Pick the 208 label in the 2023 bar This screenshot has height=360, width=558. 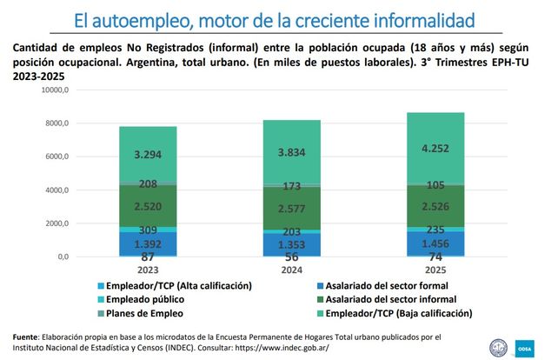149,184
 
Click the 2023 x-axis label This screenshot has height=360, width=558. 149,270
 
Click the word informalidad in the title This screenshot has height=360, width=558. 428,18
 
